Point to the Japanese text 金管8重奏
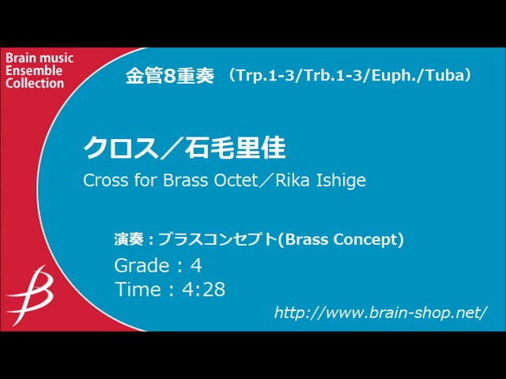point(169,76)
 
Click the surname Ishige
point(342,180)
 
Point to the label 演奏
point(130,239)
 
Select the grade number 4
point(196,265)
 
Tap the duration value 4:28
point(204,290)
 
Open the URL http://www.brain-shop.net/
point(380,313)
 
